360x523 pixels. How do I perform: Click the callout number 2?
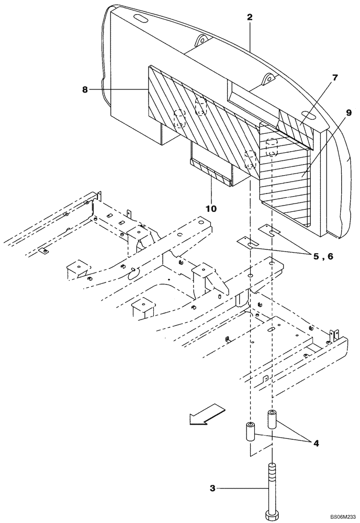tap(250, 17)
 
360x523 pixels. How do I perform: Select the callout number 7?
tap(335, 77)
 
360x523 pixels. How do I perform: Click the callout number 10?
tap(211, 208)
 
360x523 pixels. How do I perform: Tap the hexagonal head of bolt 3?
tap(272, 515)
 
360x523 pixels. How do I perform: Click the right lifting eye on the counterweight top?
tap(267, 79)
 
